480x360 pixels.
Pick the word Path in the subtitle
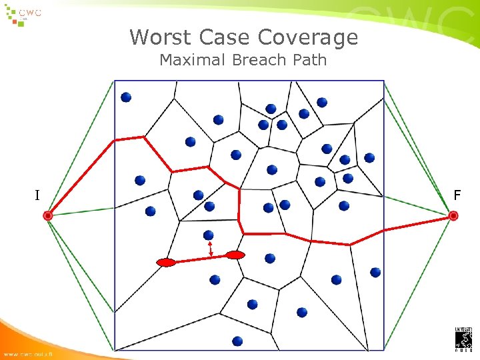[309, 60]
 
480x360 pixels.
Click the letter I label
[37, 195]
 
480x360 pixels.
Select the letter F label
[457, 195]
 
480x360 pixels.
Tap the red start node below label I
[48, 215]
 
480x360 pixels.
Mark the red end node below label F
[453, 215]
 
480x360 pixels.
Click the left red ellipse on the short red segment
[166, 263]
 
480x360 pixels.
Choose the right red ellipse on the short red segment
[235, 255]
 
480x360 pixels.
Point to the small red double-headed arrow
[211, 249]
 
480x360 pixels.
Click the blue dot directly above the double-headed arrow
[209, 235]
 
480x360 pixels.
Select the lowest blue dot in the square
[237, 341]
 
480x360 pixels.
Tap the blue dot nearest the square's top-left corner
[126, 97]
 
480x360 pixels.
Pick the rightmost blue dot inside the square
[375, 272]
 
